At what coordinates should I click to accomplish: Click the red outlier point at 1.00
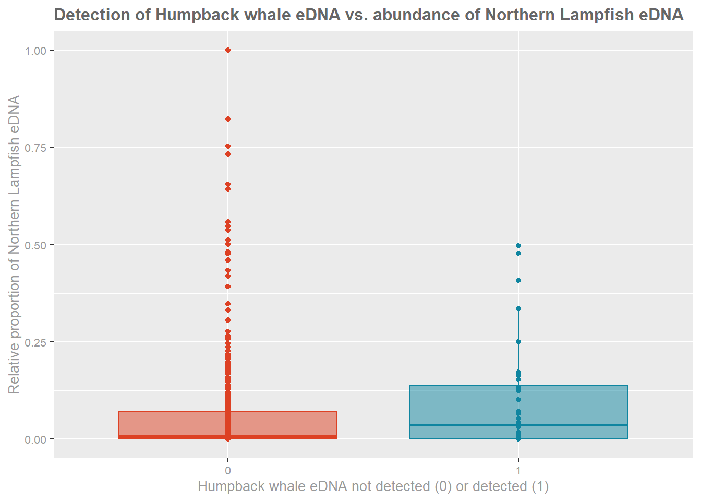tap(228, 50)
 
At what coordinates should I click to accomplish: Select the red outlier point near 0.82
tap(228, 119)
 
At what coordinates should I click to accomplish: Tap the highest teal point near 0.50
tap(518, 246)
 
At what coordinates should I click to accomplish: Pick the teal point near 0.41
tap(518, 280)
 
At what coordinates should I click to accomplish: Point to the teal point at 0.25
tap(518, 342)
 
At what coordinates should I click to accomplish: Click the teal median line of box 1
tap(574, 425)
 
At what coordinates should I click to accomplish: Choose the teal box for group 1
tap(574, 405)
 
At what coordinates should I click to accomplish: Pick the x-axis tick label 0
tap(228, 471)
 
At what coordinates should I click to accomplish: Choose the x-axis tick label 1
tap(518, 471)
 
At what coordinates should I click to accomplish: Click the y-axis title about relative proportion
tap(14, 244)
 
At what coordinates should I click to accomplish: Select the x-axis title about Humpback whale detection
tap(373, 486)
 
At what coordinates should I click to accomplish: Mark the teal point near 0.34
tap(518, 308)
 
